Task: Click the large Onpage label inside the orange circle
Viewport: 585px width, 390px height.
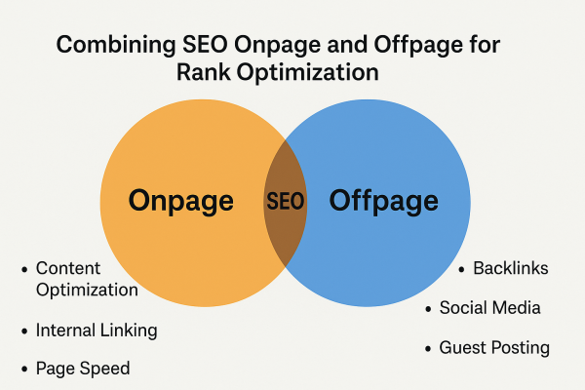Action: pyautogui.click(x=181, y=202)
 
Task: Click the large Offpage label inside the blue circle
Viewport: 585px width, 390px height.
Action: pyautogui.click(x=382, y=202)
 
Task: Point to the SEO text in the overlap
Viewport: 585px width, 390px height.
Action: pyautogui.click(x=285, y=203)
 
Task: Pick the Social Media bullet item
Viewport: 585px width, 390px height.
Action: pyautogui.click(x=489, y=308)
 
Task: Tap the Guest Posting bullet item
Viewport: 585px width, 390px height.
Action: pyautogui.click(x=494, y=348)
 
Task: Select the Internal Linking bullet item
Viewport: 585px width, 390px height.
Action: pyautogui.click(x=96, y=330)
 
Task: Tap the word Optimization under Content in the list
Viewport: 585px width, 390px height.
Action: pyautogui.click(x=87, y=290)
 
